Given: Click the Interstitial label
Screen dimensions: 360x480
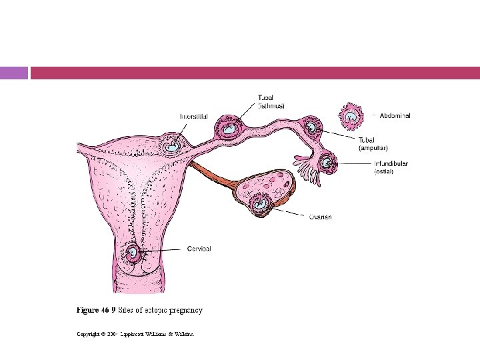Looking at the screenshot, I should click(193, 116).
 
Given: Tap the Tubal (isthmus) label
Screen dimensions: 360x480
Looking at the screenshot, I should click(271, 102).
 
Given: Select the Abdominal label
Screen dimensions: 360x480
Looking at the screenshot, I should click(395, 115).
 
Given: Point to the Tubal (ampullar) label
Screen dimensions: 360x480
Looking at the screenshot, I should click(373, 144).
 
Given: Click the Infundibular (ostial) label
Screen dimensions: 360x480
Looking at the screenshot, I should click(391, 167).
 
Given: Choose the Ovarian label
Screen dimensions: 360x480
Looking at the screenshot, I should click(320, 217).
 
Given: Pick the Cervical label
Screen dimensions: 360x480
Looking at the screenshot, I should click(199, 249).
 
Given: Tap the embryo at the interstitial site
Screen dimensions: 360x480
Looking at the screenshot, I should click(173, 143).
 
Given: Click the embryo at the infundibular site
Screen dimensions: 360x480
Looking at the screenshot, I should click(327, 162).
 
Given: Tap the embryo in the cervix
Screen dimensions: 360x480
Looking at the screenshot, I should click(134, 253).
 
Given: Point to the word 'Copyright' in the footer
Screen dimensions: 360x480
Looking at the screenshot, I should click(91, 333).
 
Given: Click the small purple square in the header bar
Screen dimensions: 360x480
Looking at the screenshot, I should click(14, 73).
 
